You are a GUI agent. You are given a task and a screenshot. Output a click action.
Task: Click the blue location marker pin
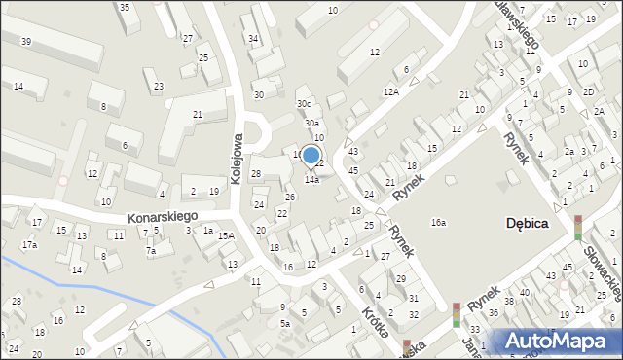(x=311, y=156)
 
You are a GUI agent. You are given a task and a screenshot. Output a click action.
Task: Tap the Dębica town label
(x=528, y=223)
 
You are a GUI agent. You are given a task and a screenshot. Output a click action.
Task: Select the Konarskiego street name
(x=164, y=216)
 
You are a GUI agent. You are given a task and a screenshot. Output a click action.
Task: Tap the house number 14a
(x=311, y=179)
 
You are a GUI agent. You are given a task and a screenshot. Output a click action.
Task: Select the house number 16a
(x=439, y=223)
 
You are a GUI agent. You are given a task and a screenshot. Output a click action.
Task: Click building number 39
(x=25, y=41)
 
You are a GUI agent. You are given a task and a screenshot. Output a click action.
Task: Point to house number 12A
(x=391, y=91)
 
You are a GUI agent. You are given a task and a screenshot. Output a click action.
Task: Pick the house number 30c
(x=305, y=104)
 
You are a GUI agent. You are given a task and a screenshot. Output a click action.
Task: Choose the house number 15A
(x=226, y=235)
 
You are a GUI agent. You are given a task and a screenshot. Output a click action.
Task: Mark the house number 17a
(x=30, y=244)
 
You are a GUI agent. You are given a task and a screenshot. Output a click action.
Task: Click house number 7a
(x=151, y=251)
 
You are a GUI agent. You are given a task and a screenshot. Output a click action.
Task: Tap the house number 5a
(x=285, y=323)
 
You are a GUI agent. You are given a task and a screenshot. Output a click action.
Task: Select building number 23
(x=159, y=87)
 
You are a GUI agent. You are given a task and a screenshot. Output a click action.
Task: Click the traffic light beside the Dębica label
(x=578, y=227)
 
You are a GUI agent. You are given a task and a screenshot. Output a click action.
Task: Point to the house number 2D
(x=589, y=91)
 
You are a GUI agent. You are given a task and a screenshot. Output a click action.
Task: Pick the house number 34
(x=253, y=39)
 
